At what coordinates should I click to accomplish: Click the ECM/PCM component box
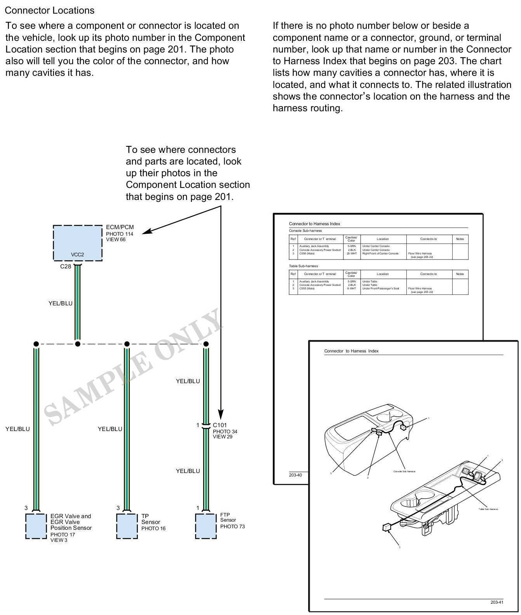(77, 242)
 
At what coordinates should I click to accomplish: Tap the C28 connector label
(66, 267)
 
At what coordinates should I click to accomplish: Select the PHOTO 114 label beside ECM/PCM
(120, 234)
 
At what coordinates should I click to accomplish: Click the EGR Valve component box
(36, 526)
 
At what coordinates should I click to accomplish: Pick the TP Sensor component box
(127, 526)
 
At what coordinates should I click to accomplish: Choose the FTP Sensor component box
(206, 526)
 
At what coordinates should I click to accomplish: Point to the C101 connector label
(220, 425)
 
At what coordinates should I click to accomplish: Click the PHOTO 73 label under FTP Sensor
(232, 527)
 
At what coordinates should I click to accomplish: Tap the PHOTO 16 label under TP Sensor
(153, 529)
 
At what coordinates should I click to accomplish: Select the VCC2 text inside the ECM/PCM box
(77, 255)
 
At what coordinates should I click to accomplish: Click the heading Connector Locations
(49, 11)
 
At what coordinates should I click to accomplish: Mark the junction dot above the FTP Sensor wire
(206, 344)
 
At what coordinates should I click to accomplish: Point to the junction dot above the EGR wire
(36, 344)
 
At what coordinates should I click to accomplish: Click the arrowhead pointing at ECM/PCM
(146, 232)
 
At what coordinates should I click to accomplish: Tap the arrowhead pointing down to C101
(221, 414)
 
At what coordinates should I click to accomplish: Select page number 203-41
(497, 602)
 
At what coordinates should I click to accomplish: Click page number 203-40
(295, 475)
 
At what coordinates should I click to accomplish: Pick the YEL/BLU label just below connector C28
(60, 303)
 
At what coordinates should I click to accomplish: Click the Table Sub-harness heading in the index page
(303, 266)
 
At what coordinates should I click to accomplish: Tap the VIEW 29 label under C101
(222, 437)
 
